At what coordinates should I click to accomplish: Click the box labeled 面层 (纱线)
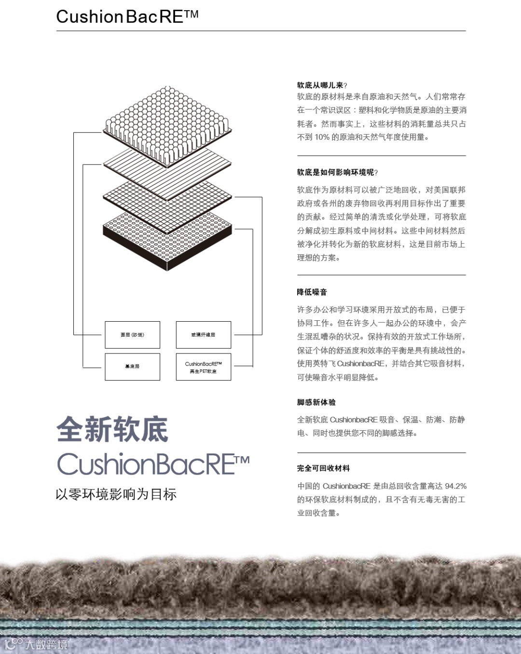[132, 335]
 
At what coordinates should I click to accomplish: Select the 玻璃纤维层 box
[203, 335]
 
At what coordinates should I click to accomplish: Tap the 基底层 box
[132, 367]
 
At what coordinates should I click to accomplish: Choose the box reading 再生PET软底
[203, 367]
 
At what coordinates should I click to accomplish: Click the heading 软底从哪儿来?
[322, 85]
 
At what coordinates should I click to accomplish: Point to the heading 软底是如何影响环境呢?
[337, 173]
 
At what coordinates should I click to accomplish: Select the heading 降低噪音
[312, 292]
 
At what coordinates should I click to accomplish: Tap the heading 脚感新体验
[316, 402]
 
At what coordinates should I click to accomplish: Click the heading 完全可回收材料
[323, 468]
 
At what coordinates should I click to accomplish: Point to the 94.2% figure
[455, 486]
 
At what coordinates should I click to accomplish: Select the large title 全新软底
[112, 429]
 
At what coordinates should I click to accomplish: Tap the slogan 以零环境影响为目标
[116, 494]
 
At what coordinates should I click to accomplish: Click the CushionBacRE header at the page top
[127, 17]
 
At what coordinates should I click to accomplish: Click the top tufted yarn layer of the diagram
[167, 116]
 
